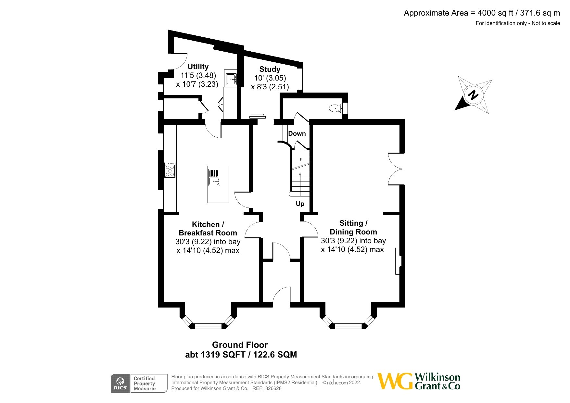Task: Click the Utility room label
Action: pos(198,67)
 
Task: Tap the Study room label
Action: pos(270,69)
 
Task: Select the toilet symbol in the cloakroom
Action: pos(335,108)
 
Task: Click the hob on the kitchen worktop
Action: pos(170,170)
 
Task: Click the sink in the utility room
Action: pos(231,78)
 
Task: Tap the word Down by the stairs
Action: pos(297,133)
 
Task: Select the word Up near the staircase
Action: pos(300,204)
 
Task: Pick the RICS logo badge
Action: pos(120,384)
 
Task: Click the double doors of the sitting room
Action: pos(396,169)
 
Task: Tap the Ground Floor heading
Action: pos(240,345)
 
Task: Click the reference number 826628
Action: pos(273,388)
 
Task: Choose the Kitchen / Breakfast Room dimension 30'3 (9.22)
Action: pos(194,242)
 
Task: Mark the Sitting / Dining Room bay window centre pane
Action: pos(348,326)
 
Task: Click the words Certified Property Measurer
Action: pos(145,384)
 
